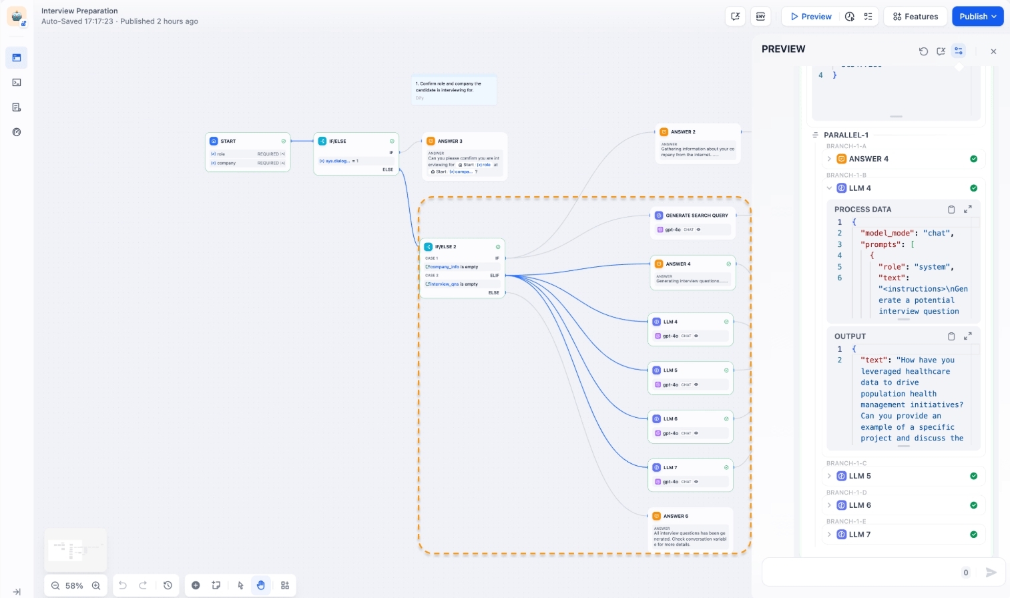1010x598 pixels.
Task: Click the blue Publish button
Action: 977,17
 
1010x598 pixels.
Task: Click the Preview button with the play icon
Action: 810,17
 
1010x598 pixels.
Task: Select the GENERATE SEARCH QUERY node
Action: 696,216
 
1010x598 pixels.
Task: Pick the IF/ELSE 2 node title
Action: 446,247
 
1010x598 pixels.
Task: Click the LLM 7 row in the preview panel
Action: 860,535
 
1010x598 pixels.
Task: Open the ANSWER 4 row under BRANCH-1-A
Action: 868,159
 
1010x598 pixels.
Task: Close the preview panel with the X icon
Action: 993,51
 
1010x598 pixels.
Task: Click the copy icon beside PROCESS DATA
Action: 951,210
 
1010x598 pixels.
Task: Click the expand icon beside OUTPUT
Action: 967,336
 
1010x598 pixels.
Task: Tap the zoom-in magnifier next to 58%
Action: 96,585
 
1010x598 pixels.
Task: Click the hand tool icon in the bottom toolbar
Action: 261,585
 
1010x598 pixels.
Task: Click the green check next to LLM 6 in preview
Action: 973,505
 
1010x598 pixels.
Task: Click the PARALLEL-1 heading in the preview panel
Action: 846,135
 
